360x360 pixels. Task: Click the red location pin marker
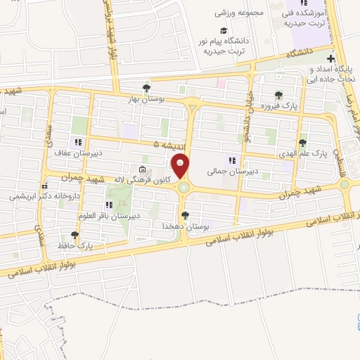(181, 165)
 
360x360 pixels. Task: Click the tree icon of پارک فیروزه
(280, 95)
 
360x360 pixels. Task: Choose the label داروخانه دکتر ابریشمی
(41, 197)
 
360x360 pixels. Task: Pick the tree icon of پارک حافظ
(75, 235)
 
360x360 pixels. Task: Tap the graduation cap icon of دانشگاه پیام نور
(224, 31)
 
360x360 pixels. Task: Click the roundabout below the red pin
(184, 188)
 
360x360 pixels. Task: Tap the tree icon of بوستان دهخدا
(184, 215)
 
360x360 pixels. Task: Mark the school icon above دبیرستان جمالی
(231, 160)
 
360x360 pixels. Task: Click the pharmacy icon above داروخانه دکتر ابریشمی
(45, 186)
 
